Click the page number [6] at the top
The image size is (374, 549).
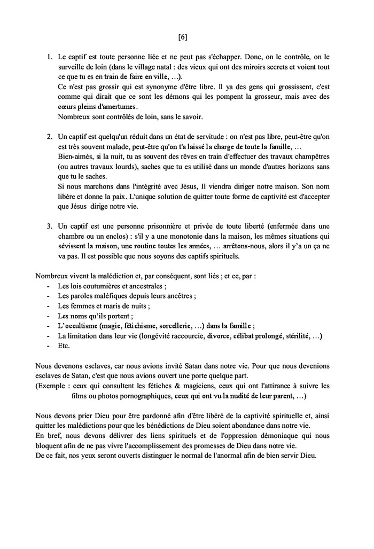point(183,37)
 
